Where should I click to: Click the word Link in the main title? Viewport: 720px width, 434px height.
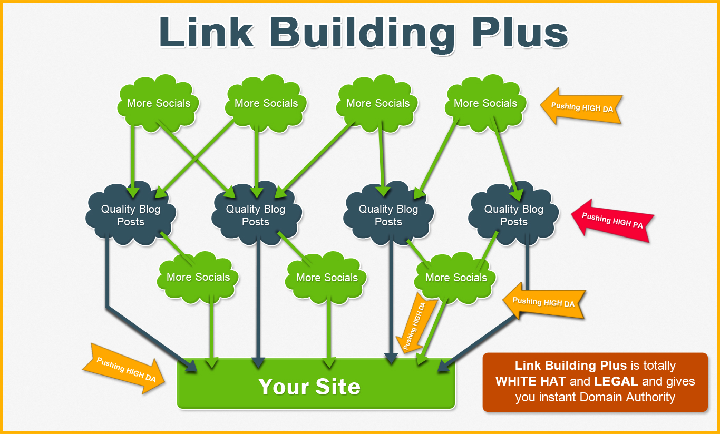(x=207, y=32)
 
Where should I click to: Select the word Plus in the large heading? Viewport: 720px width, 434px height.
(x=520, y=32)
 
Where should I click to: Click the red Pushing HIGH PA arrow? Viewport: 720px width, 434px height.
(x=612, y=221)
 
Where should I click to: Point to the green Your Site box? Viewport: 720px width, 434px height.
(x=316, y=383)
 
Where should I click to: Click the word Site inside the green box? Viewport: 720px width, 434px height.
(x=338, y=386)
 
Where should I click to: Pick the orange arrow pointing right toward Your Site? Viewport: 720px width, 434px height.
(x=124, y=369)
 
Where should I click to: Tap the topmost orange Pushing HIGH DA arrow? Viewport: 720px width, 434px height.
(x=581, y=106)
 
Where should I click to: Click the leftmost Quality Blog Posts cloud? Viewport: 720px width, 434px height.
(x=131, y=214)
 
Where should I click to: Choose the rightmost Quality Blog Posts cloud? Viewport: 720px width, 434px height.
(x=513, y=214)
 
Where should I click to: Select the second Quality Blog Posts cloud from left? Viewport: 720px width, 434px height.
(x=256, y=214)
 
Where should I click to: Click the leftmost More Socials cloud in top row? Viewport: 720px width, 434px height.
(x=158, y=103)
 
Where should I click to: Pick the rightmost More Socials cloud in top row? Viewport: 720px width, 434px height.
(x=485, y=103)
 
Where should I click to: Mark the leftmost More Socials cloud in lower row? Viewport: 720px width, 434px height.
(x=198, y=278)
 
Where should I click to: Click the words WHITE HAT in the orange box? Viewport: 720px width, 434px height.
(x=530, y=382)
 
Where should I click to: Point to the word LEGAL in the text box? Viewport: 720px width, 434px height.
(x=616, y=382)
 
